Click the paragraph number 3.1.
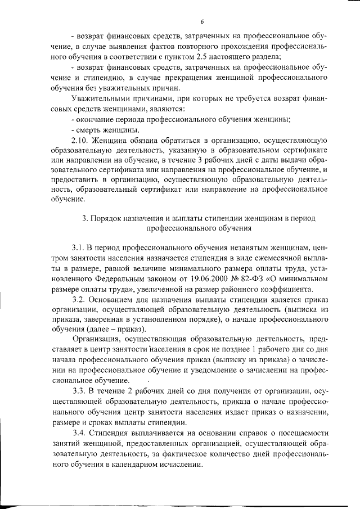[78, 247]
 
